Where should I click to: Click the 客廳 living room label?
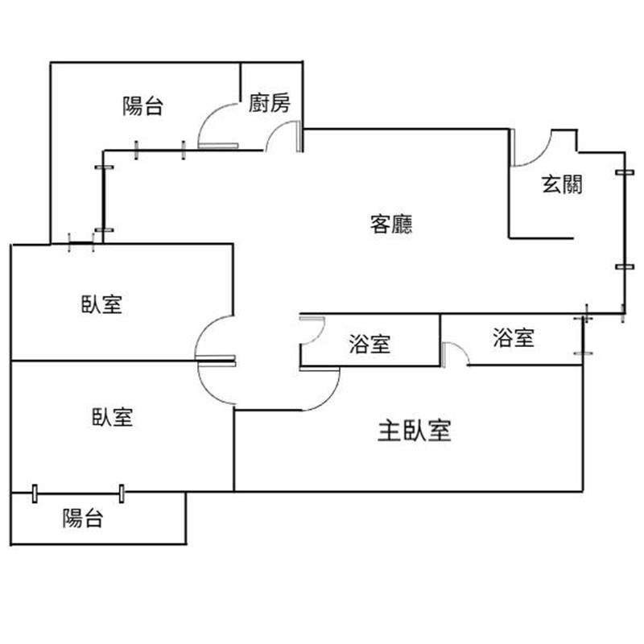coord(391,224)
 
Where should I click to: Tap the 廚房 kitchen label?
coord(270,103)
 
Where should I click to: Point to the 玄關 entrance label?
coord(562,184)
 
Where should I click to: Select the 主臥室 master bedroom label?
coord(414,431)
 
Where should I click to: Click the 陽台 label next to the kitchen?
coord(143,105)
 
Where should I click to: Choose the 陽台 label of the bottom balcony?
coord(83,518)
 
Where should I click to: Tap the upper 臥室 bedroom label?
coord(101,304)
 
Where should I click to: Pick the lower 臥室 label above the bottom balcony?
coord(112,417)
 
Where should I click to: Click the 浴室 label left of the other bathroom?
coord(369,344)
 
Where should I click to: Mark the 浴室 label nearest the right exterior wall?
coord(514,337)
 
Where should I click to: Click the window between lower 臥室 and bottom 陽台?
coord(78,493)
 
